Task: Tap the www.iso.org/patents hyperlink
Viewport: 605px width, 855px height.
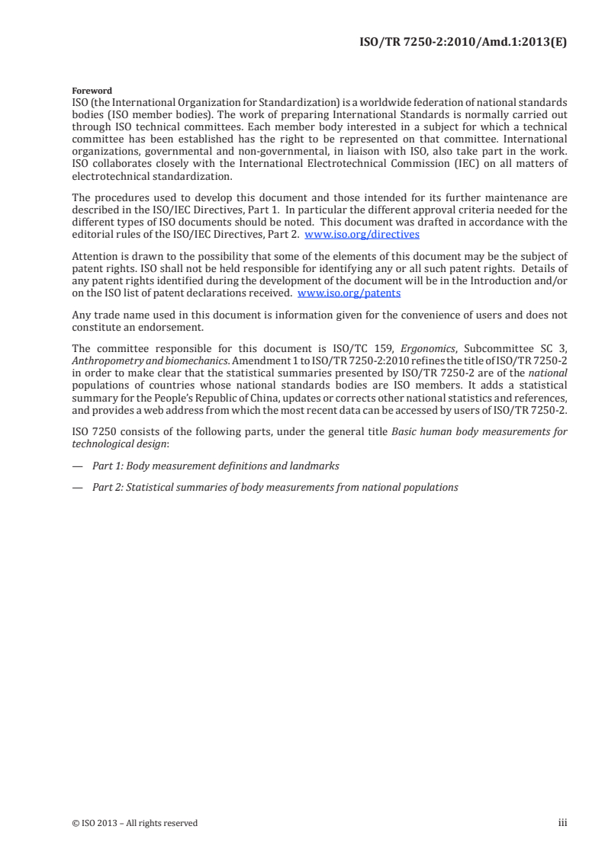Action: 349,293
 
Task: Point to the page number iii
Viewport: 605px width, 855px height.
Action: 563,822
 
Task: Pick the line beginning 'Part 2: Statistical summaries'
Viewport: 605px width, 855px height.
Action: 275,486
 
